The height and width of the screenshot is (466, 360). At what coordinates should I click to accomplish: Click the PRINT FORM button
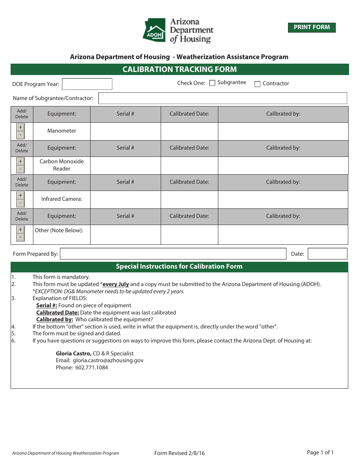pos(311,27)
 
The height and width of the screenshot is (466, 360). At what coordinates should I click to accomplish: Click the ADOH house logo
pos(154,30)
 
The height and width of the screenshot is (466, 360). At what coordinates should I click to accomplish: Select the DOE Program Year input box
pos(87,84)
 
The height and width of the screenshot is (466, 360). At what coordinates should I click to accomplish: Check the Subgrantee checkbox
pos(212,83)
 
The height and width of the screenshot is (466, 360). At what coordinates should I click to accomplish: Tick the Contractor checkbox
pos(257,84)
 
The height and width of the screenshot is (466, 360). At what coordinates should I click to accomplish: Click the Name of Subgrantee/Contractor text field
pos(222,98)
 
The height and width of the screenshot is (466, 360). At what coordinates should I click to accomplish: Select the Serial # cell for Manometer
pos(125,131)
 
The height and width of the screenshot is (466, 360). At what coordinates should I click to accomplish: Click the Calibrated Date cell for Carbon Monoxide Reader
pos(189,165)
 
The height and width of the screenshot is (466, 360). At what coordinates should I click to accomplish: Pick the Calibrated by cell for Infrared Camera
pos(283,199)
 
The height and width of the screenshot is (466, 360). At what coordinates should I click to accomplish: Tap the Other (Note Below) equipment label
pos(59,230)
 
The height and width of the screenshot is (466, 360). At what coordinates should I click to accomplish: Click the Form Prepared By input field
pos(173,254)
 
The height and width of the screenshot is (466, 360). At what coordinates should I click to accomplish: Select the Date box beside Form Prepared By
pos(327,254)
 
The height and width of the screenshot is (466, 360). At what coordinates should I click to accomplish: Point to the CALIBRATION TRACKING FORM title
pos(180,69)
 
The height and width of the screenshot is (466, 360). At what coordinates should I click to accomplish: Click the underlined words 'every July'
pos(116,284)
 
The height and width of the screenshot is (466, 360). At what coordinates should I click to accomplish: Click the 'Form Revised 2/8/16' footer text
pos(180,453)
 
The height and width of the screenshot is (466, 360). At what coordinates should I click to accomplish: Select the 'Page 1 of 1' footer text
pos(320,452)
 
